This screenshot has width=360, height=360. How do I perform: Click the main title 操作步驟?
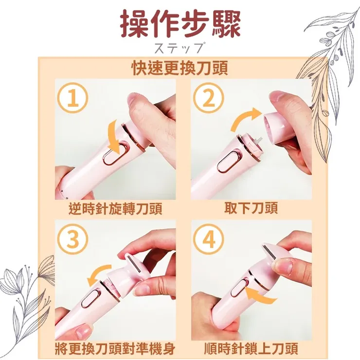click(x=181, y=24)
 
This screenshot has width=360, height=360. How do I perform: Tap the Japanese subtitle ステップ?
click(x=180, y=48)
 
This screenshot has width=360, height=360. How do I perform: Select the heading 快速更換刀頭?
click(x=180, y=68)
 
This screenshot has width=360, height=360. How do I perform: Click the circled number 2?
click(x=209, y=98)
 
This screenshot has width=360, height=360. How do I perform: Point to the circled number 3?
click(x=72, y=239)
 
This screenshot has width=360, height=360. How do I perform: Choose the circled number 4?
click(x=209, y=239)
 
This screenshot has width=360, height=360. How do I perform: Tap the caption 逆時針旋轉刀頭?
click(x=115, y=209)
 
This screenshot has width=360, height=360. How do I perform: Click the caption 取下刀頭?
click(x=251, y=208)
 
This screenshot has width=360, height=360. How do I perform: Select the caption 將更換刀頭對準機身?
click(x=115, y=348)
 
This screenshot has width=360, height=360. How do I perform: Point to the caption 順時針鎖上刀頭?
click(x=251, y=348)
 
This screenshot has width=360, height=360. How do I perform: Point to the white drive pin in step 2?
click(x=259, y=140)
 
